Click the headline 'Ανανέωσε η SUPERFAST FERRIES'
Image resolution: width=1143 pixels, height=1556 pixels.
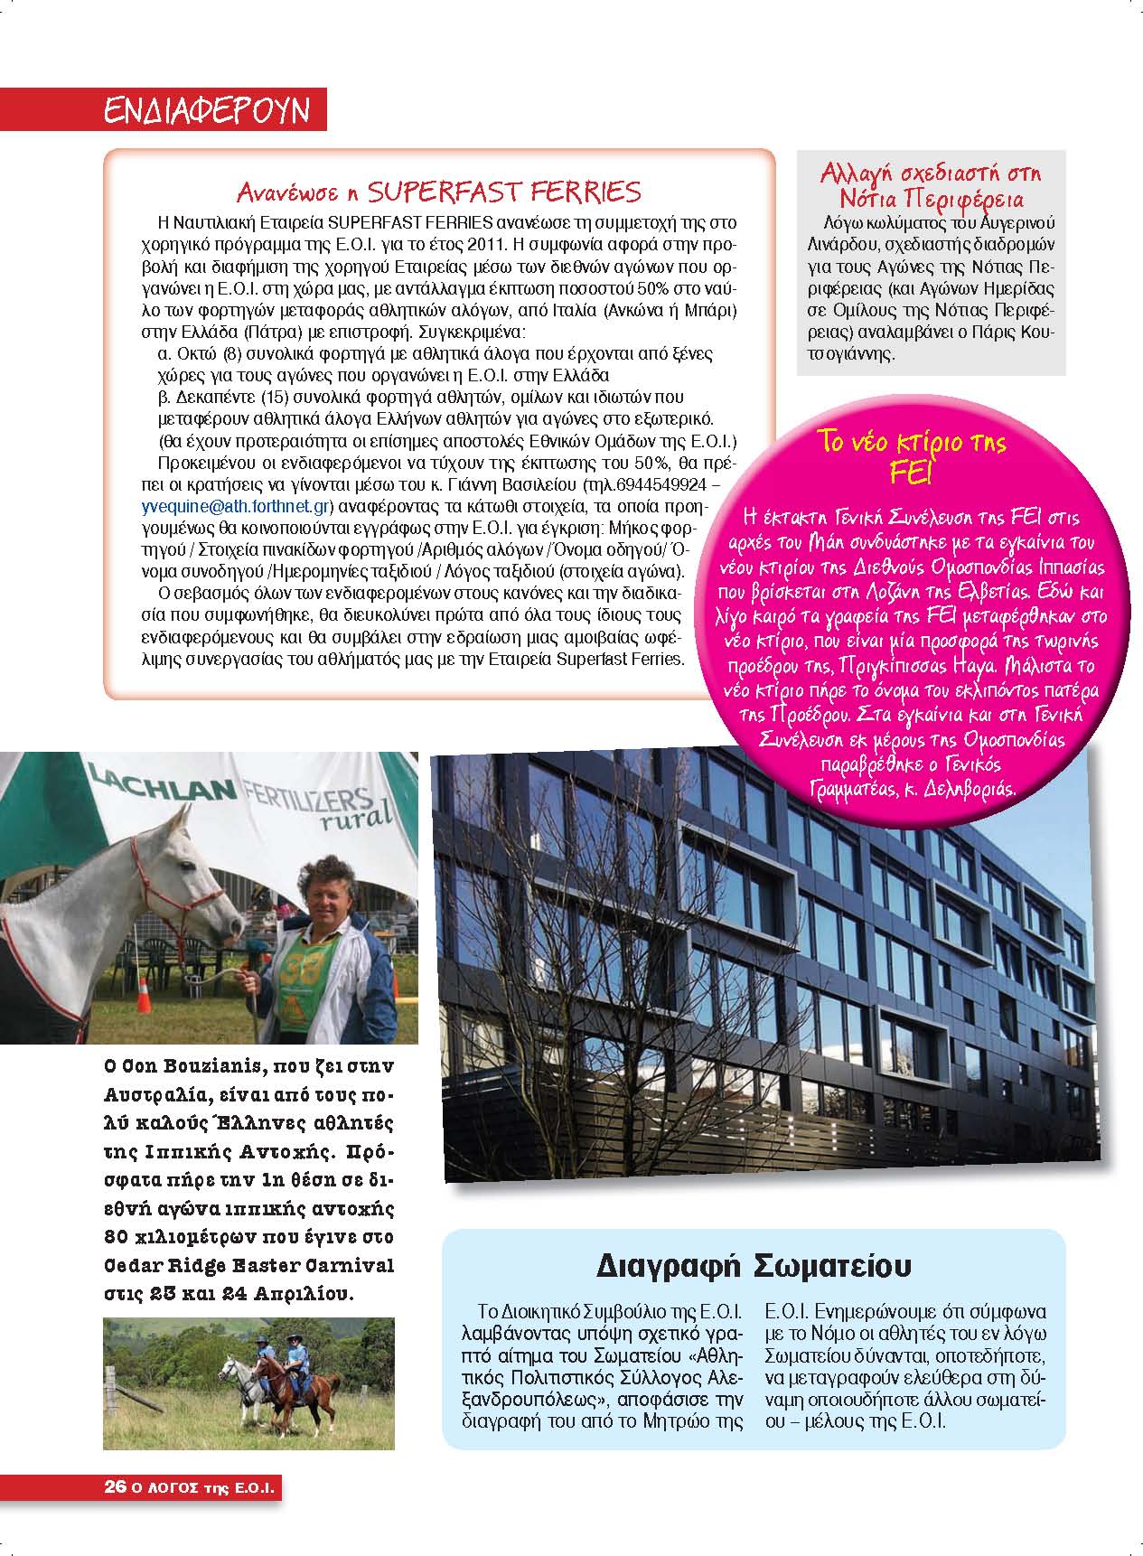pos(438,192)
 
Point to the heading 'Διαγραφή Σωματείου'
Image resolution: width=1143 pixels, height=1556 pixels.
pos(754,1265)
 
